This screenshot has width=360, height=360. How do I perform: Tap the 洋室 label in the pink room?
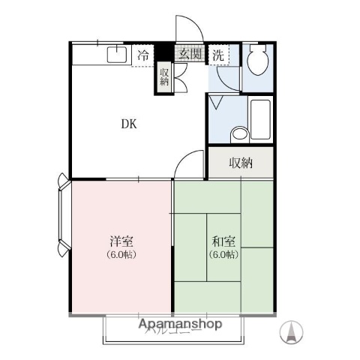pos(122,241)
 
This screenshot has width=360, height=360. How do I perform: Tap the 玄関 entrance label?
pos(190,54)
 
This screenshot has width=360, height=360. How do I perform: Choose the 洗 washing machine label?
pos(217,54)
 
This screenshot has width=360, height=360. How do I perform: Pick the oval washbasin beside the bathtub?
pos(239,133)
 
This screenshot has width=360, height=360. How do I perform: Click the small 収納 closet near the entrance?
pos(163,76)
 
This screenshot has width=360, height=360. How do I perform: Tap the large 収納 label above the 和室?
pos(240,163)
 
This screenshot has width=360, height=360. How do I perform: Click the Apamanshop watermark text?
pos(180,325)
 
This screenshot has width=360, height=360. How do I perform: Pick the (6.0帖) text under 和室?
pos(223,254)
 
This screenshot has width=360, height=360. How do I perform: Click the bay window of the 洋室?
pos(63,214)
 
